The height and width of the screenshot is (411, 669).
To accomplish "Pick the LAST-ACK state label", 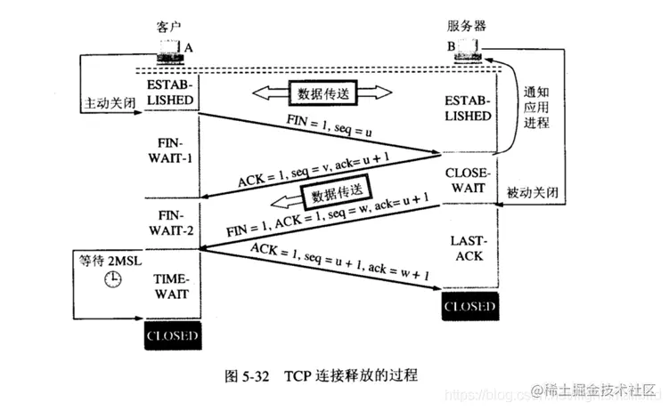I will click(468, 246).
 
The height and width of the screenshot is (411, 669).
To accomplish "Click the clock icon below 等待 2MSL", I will click(112, 278).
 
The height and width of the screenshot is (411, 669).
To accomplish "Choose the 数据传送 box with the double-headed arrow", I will click(323, 93).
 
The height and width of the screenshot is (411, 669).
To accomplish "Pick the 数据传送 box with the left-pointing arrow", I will click(330, 193).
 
